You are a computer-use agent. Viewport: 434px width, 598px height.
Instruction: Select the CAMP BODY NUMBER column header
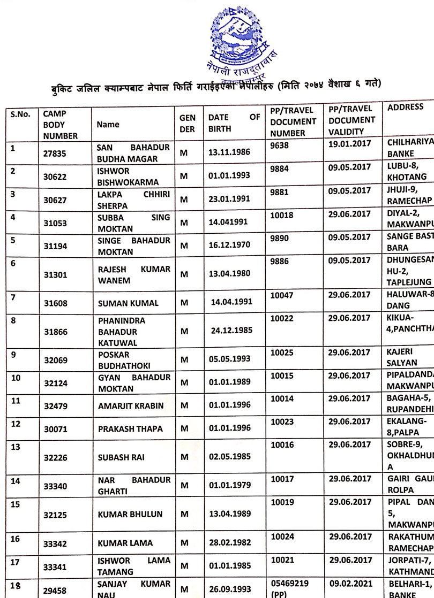60,125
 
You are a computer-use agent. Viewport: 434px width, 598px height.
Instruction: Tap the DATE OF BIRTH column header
234,123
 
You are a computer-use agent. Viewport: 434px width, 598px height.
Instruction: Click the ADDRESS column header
405,107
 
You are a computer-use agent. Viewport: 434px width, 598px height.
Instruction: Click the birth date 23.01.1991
229,200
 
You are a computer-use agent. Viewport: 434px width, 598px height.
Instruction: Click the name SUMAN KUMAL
128,303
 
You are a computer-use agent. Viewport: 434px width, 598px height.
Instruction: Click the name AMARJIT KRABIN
131,406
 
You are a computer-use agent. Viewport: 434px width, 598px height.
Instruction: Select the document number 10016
282,444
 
